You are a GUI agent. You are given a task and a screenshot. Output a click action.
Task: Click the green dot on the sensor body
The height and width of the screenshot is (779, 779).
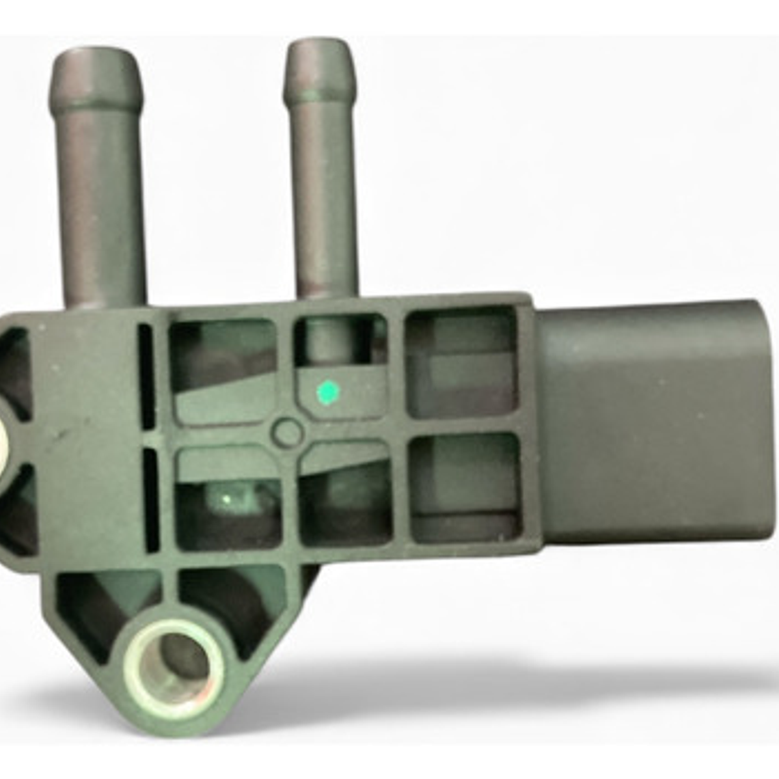[x=328, y=392]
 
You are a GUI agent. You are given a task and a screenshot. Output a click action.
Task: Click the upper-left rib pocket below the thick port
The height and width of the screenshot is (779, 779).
[x=222, y=369]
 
